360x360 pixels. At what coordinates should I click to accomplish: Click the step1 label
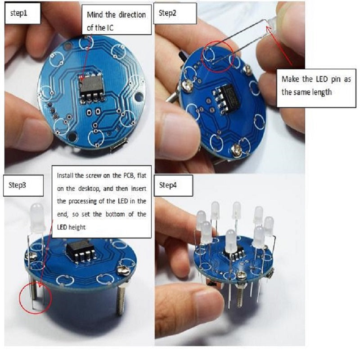pos(19,13)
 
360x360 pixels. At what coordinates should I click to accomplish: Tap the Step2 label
pos(167,13)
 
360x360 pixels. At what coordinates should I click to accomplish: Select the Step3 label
pos(17,185)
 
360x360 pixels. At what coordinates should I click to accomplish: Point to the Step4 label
pos(168,185)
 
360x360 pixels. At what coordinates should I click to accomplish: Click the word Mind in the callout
pos(95,15)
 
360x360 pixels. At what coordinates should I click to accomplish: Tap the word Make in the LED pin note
pos(290,79)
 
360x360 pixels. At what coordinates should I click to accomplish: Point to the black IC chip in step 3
pos(81,250)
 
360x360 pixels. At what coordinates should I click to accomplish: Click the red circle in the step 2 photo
pos(218,57)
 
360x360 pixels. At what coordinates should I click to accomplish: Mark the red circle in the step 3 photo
pos(36,298)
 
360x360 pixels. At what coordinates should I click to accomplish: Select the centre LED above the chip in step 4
pos(231,241)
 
